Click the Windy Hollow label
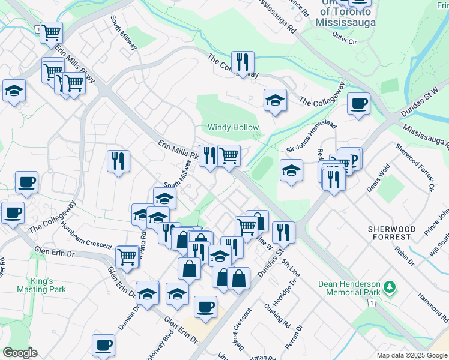tap(233, 128)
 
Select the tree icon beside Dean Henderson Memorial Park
tap(390, 288)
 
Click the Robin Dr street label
tap(406, 254)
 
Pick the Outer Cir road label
tap(345, 41)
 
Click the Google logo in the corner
tap(20, 353)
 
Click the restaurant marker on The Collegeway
tap(243, 62)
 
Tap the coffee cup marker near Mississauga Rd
tap(358, 103)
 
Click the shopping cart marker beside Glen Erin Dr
tap(127, 256)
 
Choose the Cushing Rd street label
tap(276, 312)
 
